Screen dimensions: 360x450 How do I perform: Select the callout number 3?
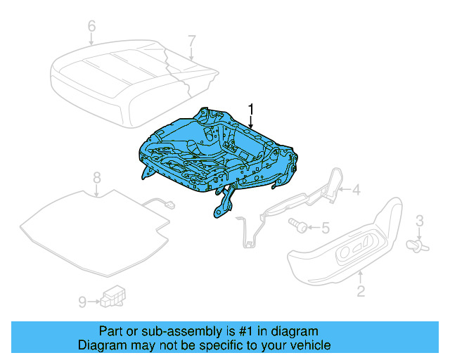(420, 222)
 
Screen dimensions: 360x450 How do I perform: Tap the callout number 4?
(356, 189)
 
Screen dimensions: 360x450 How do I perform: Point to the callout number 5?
(325, 227)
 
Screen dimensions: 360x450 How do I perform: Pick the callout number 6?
(91, 27)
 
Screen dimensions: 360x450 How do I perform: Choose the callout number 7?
(192, 41)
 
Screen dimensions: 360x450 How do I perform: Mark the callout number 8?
(97, 177)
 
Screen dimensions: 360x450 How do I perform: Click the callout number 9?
(82, 302)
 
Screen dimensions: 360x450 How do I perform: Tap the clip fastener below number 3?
(419, 244)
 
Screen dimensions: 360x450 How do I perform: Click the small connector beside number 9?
(112, 297)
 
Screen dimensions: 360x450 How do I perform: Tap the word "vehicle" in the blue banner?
(308, 345)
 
